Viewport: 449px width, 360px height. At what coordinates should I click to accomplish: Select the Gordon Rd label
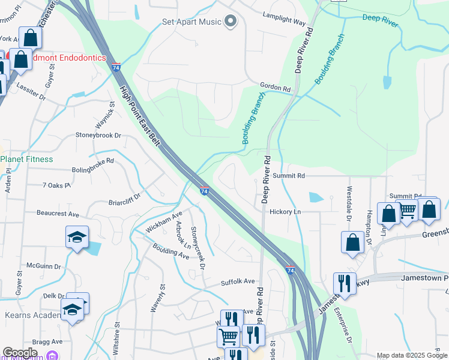275,87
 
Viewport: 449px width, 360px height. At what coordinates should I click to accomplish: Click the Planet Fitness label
26,159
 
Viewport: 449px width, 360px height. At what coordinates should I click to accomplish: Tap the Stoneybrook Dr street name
98,135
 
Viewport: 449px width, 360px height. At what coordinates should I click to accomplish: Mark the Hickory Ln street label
285,212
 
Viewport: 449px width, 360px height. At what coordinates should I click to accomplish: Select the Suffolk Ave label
238,281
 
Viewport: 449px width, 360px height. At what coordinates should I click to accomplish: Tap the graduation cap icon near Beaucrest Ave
77,238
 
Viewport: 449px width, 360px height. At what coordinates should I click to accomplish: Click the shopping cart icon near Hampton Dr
408,211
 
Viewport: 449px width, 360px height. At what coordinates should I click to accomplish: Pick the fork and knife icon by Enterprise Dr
345,283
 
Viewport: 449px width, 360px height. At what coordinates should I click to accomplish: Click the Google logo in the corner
20,353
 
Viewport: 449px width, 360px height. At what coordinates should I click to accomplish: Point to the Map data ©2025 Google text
411,355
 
